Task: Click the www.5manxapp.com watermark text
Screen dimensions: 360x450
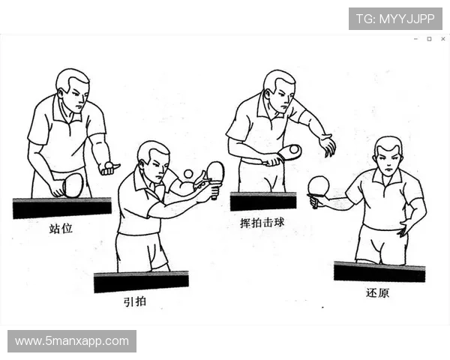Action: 71,341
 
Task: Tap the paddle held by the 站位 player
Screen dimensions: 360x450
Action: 72,184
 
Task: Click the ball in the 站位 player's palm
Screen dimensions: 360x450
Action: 110,164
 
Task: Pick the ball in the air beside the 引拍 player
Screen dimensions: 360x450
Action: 187,173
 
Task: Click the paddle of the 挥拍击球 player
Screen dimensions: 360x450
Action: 289,152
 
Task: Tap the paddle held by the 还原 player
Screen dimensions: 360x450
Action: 319,186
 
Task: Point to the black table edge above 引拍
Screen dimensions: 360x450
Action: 140,282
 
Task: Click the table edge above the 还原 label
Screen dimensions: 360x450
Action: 379,271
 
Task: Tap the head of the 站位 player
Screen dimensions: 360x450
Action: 73,86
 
